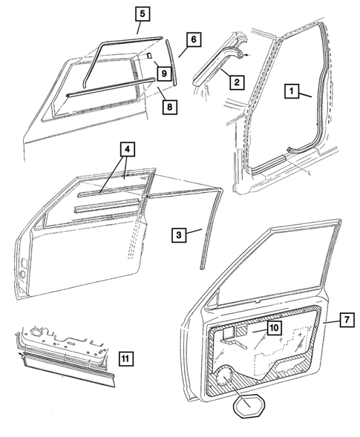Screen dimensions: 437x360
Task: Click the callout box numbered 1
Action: pyautogui.click(x=293, y=93)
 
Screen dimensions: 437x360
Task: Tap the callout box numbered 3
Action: pyautogui.click(x=178, y=234)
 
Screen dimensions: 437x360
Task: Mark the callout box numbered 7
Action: pyautogui.click(x=347, y=321)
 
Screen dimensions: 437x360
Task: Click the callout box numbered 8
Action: pyautogui.click(x=170, y=107)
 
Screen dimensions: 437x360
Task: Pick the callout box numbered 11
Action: pyautogui.click(x=126, y=360)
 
